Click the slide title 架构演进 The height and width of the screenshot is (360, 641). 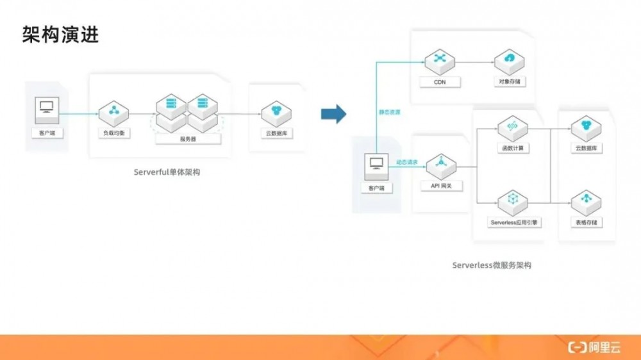tap(60, 35)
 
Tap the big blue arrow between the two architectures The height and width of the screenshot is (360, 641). tap(333, 114)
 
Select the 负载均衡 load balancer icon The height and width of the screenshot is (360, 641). tap(113, 112)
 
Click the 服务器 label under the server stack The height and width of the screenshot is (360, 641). tap(188, 138)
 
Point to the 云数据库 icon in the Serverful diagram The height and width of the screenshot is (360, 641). tap(276, 113)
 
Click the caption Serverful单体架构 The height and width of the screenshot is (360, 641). tap(167, 172)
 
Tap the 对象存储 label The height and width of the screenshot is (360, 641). tap(510, 82)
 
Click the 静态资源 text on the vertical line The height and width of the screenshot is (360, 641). tap(390, 112)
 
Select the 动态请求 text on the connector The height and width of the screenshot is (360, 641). tap(407, 162)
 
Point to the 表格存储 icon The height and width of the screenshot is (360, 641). tap(585, 201)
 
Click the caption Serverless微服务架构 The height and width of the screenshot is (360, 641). tap(492, 265)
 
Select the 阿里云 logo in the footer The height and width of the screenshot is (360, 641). tap(595, 347)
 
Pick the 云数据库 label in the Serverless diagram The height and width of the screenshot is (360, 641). tap(585, 149)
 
